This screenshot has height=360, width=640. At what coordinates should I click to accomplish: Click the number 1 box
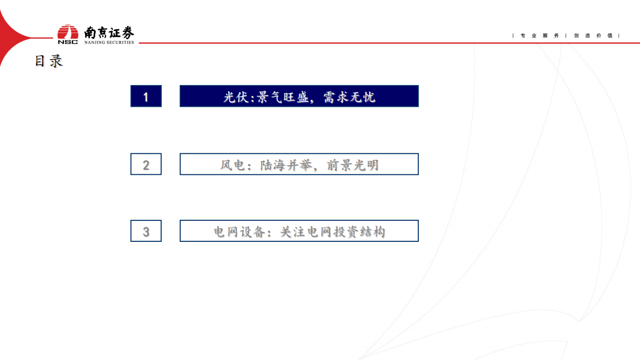coord(146,96)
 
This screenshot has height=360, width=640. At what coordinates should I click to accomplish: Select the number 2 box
coord(146,164)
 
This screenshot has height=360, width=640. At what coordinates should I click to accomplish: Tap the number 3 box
coord(146,231)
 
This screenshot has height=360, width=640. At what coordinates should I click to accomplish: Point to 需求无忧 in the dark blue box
coord(349,97)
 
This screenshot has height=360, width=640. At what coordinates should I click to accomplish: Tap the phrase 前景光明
coord(353,165)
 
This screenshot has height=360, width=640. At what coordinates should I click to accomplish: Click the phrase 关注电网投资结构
coord(332,232)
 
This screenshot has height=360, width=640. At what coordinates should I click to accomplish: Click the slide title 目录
coord(49,61)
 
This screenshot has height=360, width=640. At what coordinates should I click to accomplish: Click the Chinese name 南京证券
coord(109,33)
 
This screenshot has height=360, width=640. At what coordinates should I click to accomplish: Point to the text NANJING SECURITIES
coord(109,43)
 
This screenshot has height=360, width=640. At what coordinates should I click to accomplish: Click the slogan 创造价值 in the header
coord(593,36)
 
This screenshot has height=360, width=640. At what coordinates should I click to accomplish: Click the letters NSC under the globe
coord(68,42)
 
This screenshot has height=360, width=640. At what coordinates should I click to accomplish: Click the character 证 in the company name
coord(115,33)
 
